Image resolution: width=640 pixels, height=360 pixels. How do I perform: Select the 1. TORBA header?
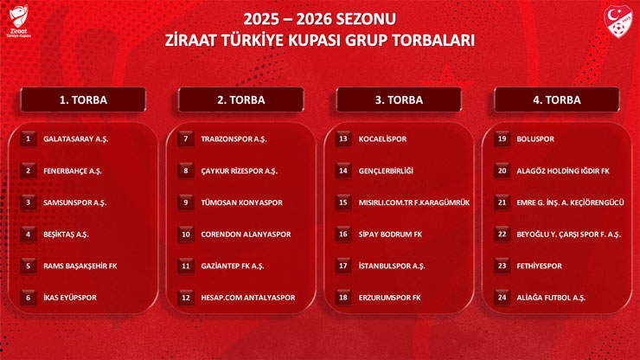83,100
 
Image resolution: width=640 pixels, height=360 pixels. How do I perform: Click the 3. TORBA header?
399,100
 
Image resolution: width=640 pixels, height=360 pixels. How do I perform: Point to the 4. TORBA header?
557,100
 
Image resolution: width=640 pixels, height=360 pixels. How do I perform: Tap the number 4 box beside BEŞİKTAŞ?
29,234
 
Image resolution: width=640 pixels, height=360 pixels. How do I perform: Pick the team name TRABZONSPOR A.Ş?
234,138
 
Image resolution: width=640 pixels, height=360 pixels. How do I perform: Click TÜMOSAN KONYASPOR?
241,202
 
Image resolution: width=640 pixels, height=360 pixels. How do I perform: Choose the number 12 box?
186,298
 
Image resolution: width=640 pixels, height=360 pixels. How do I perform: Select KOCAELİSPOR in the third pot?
382,138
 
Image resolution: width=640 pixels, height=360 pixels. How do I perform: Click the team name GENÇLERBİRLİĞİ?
386,170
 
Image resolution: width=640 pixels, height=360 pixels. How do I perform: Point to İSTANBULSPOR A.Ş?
392,266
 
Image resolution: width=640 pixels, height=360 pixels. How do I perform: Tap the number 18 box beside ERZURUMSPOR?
343,298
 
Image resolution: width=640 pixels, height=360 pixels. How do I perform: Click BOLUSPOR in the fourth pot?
535,138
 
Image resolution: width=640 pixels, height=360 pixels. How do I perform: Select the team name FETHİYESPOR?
539,266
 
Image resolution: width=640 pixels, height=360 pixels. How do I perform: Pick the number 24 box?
502,298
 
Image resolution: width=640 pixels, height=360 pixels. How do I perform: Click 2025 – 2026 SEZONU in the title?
319,18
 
